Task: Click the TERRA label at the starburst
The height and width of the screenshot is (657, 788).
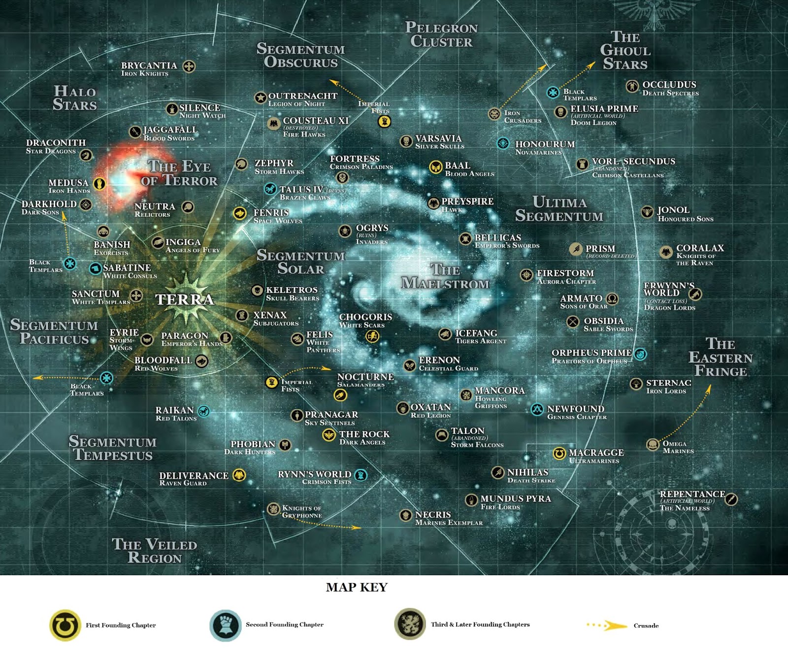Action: pos(185,299)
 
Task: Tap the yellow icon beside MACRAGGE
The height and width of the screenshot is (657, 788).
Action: pos(559,453)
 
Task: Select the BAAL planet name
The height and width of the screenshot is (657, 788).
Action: pos(458,165)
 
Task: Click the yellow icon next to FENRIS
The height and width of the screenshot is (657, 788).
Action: pos(240,213)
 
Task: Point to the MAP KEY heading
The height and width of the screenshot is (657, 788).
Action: pos(357,587)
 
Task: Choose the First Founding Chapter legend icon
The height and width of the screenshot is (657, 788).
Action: pos(65,625)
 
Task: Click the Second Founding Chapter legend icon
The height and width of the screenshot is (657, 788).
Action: pos(225,625)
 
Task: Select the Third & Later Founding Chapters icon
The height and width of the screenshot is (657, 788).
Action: pos(410,624)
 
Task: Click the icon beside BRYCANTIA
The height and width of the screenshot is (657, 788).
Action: pos(189,66)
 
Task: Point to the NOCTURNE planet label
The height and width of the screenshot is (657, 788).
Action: pos(365,377)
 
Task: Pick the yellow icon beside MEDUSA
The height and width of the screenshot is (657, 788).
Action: pos(99,184)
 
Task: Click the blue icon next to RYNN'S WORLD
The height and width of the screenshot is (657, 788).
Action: pos(361,475)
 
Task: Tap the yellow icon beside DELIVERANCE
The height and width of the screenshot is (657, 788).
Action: pos(239,475)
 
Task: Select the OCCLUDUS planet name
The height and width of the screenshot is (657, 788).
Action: pos(669,85)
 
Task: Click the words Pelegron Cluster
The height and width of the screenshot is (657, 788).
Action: pos(441,34)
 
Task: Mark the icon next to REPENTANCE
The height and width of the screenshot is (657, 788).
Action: pos(731,499)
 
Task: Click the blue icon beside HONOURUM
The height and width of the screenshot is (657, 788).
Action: pos(503,143)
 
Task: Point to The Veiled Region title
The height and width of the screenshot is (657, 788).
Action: pos(155,551)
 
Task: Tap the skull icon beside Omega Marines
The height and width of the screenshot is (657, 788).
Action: pos(653,445)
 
